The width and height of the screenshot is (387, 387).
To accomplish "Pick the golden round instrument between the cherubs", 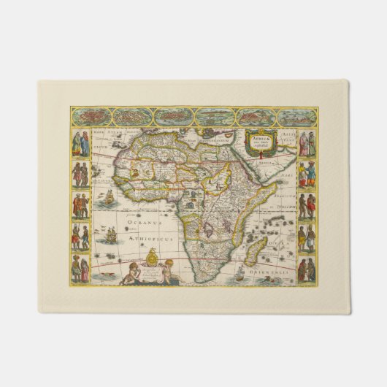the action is [152, 256].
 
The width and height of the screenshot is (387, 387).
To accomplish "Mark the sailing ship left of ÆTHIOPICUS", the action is [110, 236].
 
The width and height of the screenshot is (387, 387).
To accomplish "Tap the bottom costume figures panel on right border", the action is [307, 269].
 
